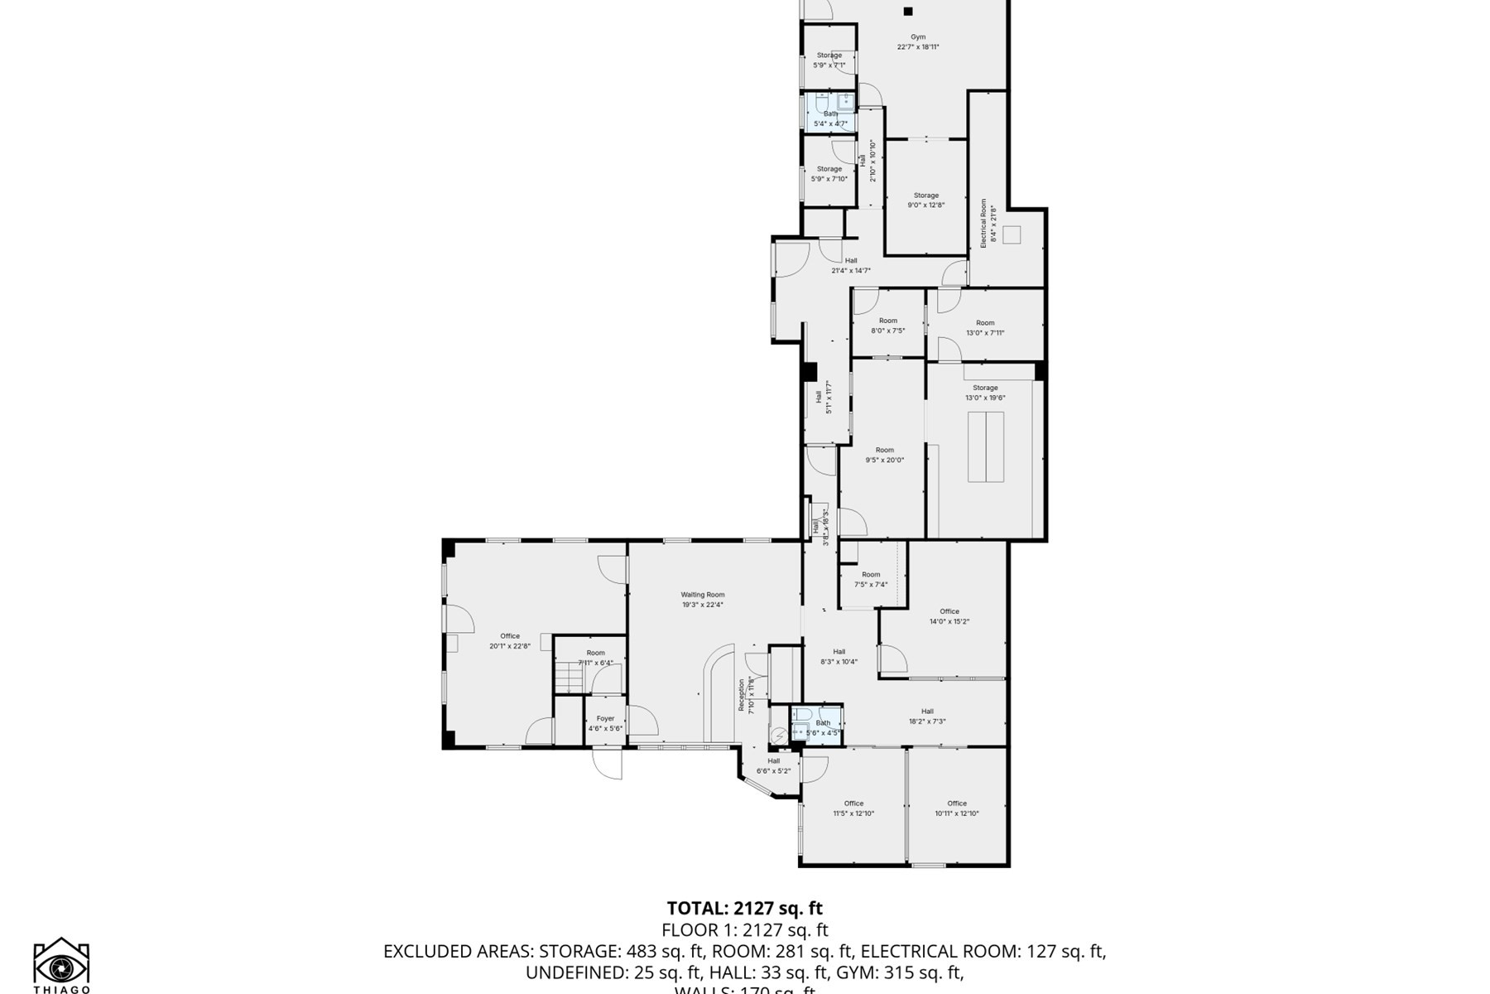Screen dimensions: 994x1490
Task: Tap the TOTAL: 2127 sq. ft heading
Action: coord(745,909)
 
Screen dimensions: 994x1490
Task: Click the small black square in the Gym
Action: coord(908,12)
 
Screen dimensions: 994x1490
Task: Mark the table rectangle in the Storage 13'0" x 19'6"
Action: coord(985,446)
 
